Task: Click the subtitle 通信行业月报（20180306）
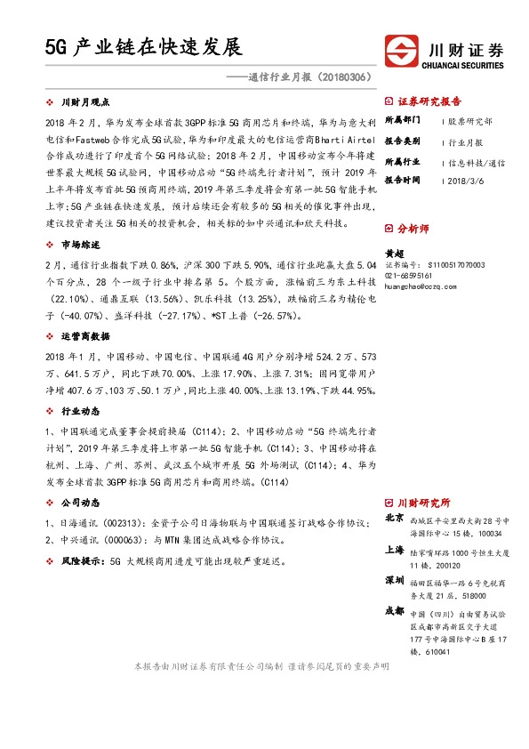click(x=310, y=78)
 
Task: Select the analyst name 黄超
click(x=394, y=253)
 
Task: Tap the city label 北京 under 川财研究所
click(x=395, y=518)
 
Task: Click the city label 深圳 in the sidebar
click(x=395, y=580)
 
